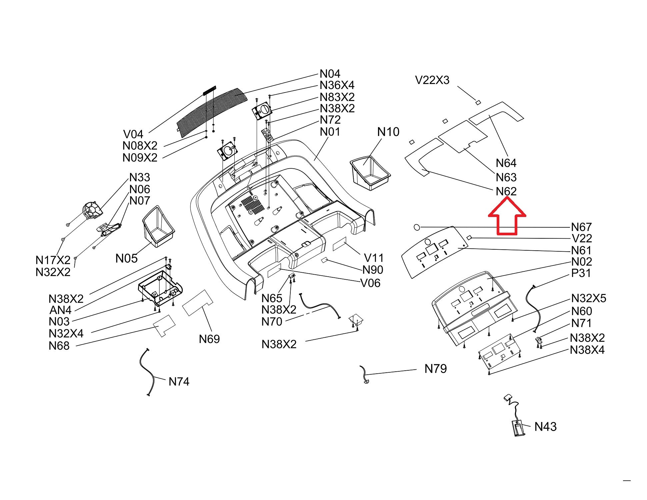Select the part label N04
coord(330,74)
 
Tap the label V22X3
coord(432,80)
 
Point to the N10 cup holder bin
coord(370,173)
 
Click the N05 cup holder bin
coord(158,227)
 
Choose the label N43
coord(545,427)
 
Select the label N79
coord(435,369)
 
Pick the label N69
coord(209,339)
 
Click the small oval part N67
coord(417,227)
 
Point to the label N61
coord(581,250)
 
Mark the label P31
coord(581,273)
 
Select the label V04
coord(133,134)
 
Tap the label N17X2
coord(53,260)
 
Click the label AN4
coord(60,310)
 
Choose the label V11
coord(374,258)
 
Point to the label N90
coord(373,270)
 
